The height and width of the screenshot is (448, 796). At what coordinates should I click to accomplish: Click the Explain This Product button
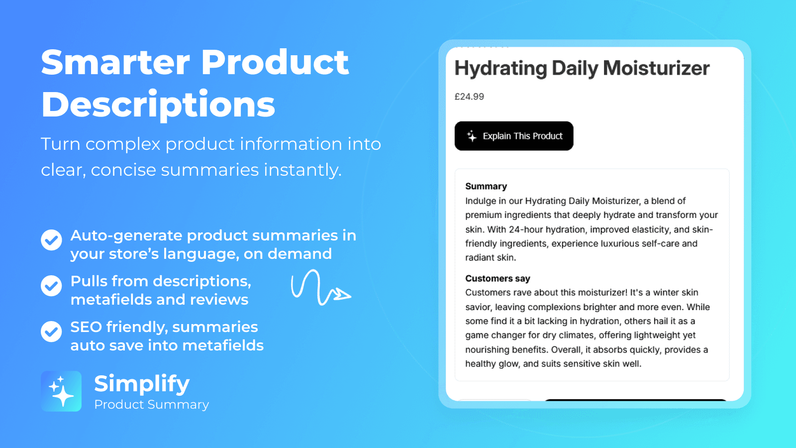(x=514, y=136)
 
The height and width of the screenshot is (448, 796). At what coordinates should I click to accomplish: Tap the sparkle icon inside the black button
(x=472, y=136)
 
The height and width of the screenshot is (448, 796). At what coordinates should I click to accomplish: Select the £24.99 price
(x=469, y=97)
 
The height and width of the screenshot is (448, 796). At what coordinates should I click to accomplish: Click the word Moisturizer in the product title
(x=656, y=68)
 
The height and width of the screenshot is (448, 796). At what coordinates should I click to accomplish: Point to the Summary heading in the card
(x=486, y=186)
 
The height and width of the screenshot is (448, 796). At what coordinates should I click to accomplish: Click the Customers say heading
(x=497, y=278)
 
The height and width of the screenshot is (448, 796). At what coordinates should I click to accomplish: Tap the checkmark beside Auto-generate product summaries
(x=51, y=240)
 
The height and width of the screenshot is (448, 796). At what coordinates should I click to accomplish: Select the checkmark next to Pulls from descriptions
(x=51, y=286)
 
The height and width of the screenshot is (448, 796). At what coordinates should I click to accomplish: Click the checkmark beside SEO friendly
(x=51, y=332)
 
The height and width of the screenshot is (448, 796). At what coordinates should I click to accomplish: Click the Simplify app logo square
(x=61, y=391)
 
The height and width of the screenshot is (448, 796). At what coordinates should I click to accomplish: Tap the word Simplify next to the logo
(x=142, y=384)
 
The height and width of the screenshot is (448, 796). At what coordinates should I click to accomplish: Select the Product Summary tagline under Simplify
(x=151, y=405)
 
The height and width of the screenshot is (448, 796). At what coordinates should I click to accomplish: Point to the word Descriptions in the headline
(x=158, y=105)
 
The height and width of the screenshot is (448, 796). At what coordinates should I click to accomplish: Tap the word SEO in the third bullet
(x=86, y=327)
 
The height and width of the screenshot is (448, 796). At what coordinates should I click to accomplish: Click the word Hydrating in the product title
(x=500, y=68)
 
